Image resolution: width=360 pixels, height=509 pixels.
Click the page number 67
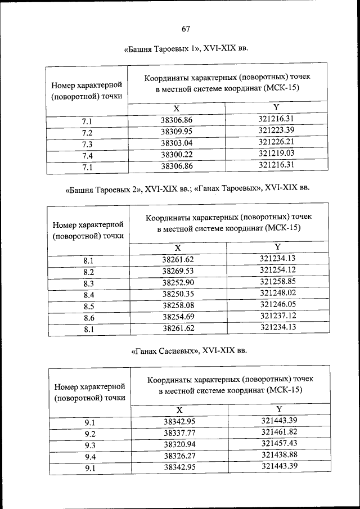186,29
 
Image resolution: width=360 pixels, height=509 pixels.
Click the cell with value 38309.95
177,132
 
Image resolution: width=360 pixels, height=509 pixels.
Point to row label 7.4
87,155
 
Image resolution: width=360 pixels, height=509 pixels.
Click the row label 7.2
87,133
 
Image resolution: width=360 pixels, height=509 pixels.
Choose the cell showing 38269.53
178,271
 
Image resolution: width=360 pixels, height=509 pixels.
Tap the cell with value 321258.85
278,282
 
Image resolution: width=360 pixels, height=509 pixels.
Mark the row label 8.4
88,295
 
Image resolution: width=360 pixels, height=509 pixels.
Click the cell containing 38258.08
178,305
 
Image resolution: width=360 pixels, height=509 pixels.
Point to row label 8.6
88,317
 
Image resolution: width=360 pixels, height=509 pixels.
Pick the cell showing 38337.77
179,433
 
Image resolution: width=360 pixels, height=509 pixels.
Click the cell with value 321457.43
280,444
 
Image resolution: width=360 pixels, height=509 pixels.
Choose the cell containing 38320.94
179,444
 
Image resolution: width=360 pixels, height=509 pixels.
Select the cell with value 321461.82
280,433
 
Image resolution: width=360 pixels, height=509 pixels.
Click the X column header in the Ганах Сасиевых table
179,411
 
